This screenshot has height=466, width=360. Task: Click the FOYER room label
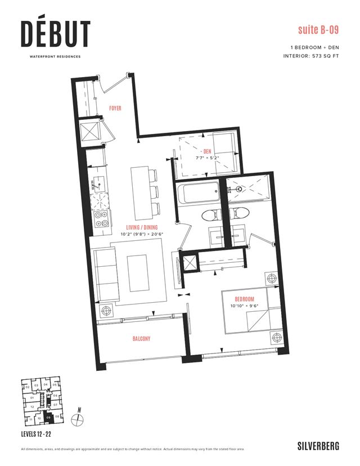(115, 107)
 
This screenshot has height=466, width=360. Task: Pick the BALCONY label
(142, 339)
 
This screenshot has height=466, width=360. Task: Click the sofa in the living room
(104, 276)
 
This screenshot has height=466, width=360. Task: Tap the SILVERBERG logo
(318, 446)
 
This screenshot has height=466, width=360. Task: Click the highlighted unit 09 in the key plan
(49, 418)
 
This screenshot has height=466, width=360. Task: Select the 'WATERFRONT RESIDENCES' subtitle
(55, 56)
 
